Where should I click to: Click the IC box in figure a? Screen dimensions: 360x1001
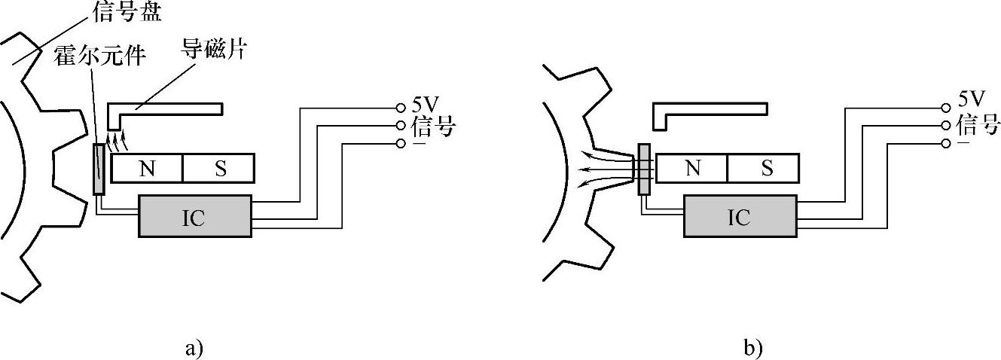point(194,216)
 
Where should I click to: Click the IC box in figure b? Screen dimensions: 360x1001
point(739,216)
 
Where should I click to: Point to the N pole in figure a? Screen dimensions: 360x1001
point(147,169)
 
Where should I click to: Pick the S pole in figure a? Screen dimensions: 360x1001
point(220,169)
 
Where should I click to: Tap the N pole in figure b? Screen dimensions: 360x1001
point(692,169)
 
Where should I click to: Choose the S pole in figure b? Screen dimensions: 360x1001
point(766,169)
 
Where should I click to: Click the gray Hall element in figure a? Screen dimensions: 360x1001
point(99,169)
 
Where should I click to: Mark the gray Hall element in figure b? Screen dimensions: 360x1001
point(644,169)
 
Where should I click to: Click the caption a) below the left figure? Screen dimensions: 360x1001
point(194,349)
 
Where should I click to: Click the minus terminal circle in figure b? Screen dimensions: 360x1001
point(946,143)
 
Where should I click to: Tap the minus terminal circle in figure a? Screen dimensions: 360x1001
point(401,143)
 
